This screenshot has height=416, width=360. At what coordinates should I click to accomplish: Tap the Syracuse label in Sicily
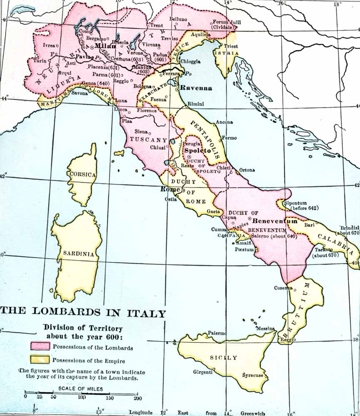[253, 375]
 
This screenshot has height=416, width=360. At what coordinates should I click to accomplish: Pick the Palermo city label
[217, 334]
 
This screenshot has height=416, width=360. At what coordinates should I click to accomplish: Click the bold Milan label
[106, 46]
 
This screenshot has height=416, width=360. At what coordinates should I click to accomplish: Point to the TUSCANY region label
[149, 140]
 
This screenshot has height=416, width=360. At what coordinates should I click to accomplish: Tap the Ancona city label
[224, 122]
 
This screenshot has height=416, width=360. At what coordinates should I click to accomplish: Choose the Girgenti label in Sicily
[203, 372]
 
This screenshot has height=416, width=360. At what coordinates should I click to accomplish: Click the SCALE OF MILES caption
[81, 389]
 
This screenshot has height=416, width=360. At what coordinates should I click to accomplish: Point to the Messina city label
[266, 329]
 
